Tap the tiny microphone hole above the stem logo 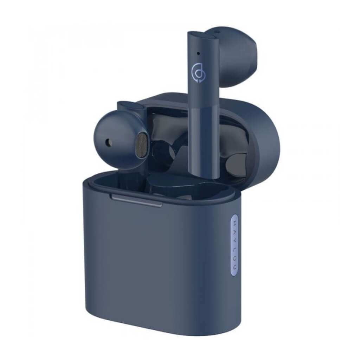pos(198,54)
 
